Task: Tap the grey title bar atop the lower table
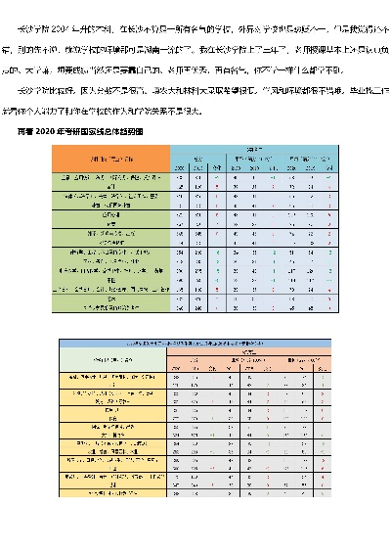pyautogui.click(x=208, y=345)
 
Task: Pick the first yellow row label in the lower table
pyautogui.click(x=110, y=375)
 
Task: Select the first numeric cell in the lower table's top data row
pyautogui.click(x=176, y=375)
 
